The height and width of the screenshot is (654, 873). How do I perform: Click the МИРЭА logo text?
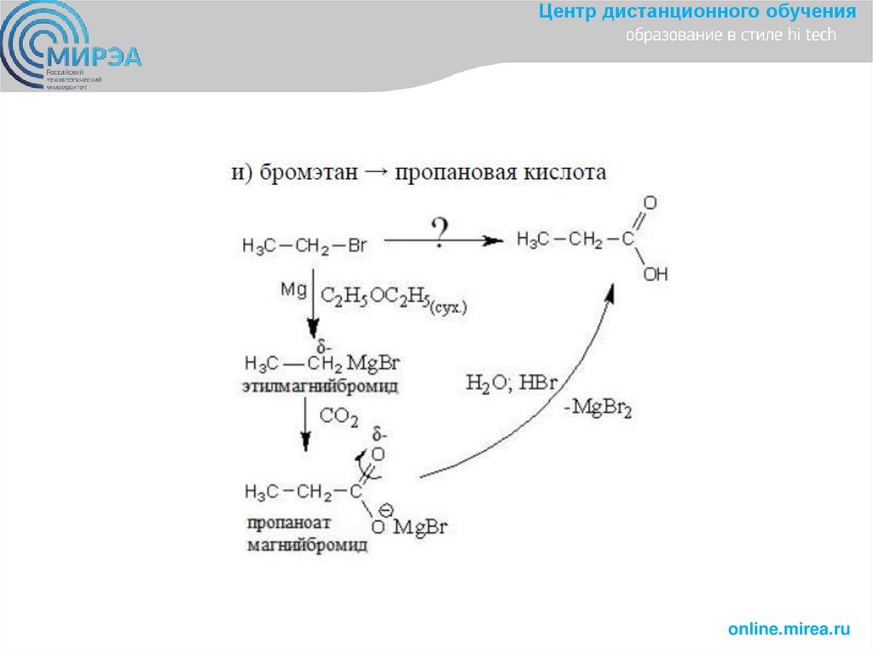(95, 57)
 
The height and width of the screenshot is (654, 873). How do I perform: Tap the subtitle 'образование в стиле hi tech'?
(731, 36)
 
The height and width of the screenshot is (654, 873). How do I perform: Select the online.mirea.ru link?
(789, 629)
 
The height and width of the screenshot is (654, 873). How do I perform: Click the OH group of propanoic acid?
(656, 275)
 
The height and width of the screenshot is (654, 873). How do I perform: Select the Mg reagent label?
(292, 290)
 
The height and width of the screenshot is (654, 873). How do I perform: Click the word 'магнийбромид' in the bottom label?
(307, 543)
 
